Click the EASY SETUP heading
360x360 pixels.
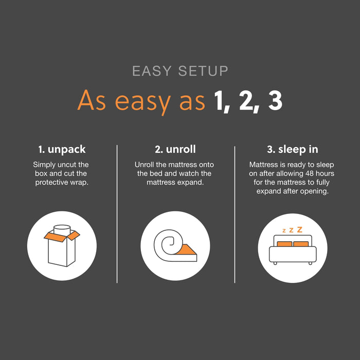[x=180, y=70]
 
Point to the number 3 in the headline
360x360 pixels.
[x=275, y=101]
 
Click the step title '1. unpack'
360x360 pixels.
[x=62, y=150]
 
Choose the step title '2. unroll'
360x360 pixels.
[x=175, y=150]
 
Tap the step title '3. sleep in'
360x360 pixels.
[x=292, y=150]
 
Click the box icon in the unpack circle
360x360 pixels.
[x=62, y=245]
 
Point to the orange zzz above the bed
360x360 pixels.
[x=292, y=230]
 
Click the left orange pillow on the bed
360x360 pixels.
[x=284, y=243]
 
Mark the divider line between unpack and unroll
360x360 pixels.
[x=117, y=213]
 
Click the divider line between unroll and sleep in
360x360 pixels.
[x=235, y=213]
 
